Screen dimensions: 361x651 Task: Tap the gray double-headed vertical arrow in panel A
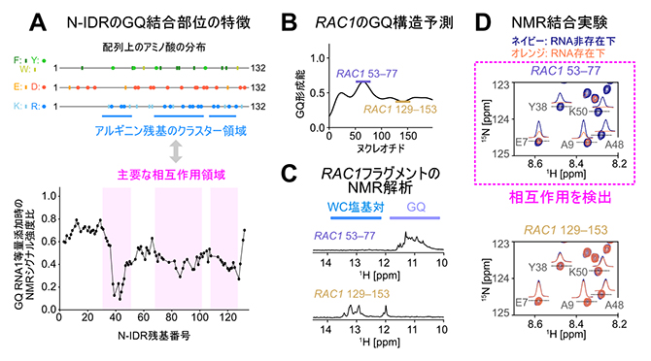tap(176, 150)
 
